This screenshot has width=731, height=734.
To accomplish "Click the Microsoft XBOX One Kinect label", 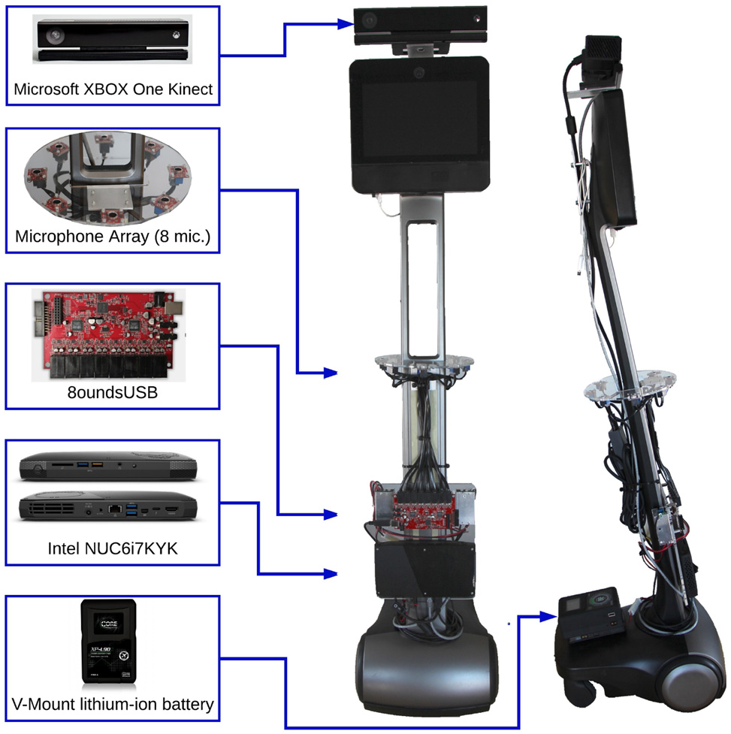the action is [x=113, y=89].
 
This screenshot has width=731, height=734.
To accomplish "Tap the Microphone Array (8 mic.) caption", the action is [x=113, y=236].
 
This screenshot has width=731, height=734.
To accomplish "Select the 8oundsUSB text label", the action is [x=113, y=392].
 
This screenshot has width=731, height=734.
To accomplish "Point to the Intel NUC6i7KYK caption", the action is [x=113, y=548].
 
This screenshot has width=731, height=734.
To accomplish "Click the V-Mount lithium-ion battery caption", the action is [x=113, y=704].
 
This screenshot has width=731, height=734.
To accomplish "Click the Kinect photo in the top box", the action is [x=113, y=39].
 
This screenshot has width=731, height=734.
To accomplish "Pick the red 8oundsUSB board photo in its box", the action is [x=109, y=335].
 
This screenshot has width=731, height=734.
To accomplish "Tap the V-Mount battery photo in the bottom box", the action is [x=109, y=642].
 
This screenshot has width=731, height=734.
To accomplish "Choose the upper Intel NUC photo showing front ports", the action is [x=108, y=467].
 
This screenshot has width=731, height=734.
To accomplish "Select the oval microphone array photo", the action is [x=107, y=177].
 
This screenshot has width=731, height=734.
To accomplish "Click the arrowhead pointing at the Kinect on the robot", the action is [x=346, y=23].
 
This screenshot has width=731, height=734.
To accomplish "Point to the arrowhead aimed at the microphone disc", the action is [x=331, y=373].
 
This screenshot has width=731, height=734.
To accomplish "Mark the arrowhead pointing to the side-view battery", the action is [x=548, y=617].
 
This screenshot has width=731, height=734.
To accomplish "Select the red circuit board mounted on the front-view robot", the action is [x=424, y=510].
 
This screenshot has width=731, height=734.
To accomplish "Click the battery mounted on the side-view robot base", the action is [x=591, y=614].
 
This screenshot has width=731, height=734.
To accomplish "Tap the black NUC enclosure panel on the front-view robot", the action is [x=425, y=569].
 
